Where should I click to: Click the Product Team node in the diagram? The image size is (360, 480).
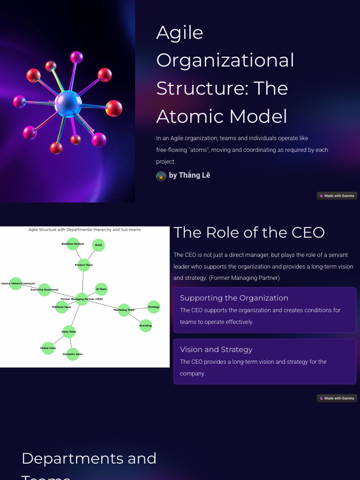[x=83, y=265]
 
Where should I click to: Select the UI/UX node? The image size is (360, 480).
[x=98, y=245]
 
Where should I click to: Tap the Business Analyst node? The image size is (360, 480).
[x=73, y=244]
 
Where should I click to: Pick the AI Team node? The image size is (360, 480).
[x=101, y=289]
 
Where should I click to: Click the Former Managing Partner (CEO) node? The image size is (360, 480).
[x=82, y=299]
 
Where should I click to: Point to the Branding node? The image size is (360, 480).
[x=146, y=325]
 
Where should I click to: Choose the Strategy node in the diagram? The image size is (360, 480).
[x=154, y=307]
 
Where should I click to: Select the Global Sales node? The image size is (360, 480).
[x=48, y=348]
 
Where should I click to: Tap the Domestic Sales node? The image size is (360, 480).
[x=73, y=354]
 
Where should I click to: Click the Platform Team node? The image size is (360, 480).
[x=61, y=307]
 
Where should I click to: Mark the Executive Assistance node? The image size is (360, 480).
[x=45, y=290]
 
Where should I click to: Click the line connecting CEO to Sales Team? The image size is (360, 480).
[x=75, y=315]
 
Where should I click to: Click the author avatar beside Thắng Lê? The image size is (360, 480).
[x=161, y=176]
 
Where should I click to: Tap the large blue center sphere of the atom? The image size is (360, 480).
[x=68, y=104]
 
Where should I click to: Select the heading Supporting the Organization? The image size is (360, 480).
[x=234, y=298]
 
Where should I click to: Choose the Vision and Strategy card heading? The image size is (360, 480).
[x=216, y=349]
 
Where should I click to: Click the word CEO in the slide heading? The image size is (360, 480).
[x=307, y=232]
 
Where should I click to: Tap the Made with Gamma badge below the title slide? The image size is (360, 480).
[x=337, y=196]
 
